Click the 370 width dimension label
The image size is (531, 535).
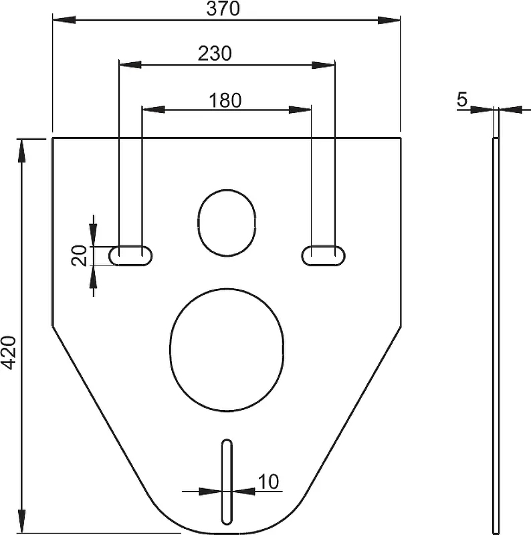(x=223, y=9)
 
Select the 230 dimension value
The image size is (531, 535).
(x=215, y=53)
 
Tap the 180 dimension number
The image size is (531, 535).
(x=225, y=100)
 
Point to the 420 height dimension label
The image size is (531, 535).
(x=9, y=352)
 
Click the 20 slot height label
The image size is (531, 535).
(x=79, y=255)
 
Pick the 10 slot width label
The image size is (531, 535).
(x=269, y=481)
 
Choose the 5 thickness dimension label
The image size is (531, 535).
(x=461, y=100)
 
